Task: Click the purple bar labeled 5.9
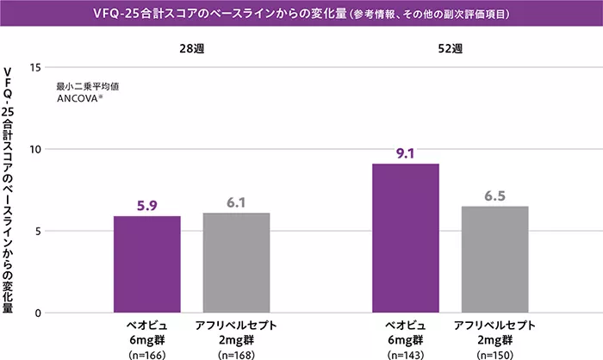147,264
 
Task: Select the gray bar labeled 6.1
236,263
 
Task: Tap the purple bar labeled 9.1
405,238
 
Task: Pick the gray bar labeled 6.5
494,259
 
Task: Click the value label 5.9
147,206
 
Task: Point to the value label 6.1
236,202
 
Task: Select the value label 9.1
405,153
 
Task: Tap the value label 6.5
494,196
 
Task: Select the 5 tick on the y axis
37,231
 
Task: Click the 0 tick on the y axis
37,313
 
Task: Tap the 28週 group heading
191,48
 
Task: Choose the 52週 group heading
450,48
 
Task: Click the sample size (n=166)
147,353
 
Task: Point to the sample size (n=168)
236,353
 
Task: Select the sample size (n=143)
405,353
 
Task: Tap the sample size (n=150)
494,353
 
